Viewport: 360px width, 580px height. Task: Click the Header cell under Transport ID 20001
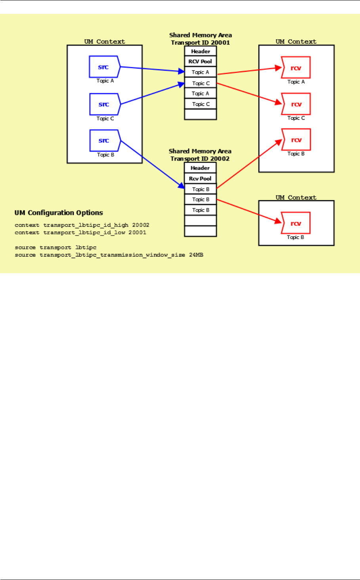pyautogui.click(x=200, y=51)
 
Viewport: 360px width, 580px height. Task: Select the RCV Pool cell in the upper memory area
pyautogui.click(x=200, y=61)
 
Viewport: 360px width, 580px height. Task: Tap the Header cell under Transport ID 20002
pyautogui.click(x=200, y=168)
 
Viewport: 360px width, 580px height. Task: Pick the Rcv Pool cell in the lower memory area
pyautogui.click(x=200, y=178)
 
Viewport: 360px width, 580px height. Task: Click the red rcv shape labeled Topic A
pyautogui.click(x=296, y=67)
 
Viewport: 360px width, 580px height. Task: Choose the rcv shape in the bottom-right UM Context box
pyautogui.click(x=296, y=223)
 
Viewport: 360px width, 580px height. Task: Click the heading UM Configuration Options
pyautogui.click(x=59, y=213)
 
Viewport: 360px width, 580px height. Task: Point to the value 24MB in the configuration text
pyautogui.click(x=196, y=255)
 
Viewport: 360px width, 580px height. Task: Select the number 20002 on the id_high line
pyautogui.click(x=141, y=225)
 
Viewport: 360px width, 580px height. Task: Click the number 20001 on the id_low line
pyautogui.click(x=137, y=233)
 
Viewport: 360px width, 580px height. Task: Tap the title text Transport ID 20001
pyautogui.click(x=200, y=42)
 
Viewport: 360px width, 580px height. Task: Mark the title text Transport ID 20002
pyautogui.click(x=200, y=159)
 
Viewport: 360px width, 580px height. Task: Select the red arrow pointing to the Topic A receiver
pyautogui.click(x=250, y=71)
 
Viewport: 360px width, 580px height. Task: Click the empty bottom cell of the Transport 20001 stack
pyautogui.click(x=200, y=114)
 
